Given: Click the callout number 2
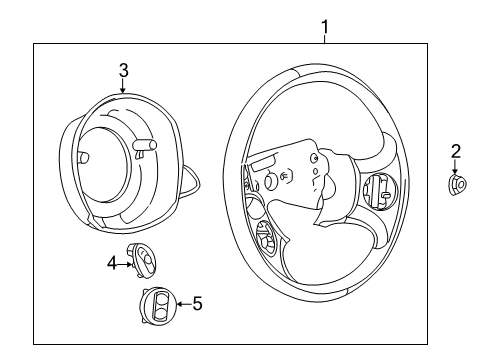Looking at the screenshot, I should pos(456,152).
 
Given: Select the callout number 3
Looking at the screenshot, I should pos(123,70).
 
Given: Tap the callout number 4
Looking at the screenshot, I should pos(113,263).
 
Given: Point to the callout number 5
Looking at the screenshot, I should pos(197,302).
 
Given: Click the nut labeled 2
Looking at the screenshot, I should pos(457,184).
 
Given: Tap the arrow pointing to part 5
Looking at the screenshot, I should pos(181,302).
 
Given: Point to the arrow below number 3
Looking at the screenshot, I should pos(123,87).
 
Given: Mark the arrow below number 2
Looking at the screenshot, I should pos(456,168).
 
